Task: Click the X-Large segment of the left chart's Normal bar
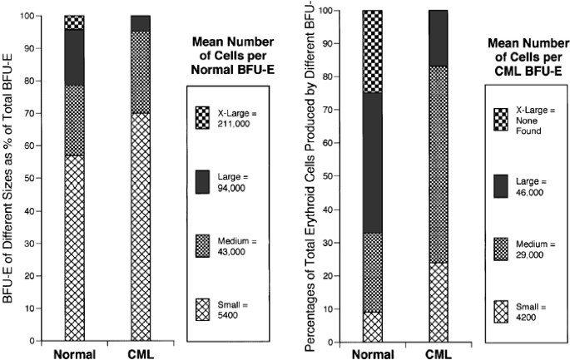(x=74, y=22)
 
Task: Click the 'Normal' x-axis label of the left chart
(x=74, y=353)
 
